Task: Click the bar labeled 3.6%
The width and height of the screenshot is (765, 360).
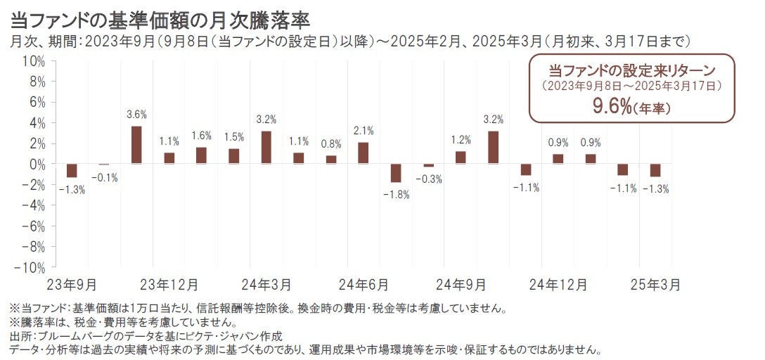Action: tap(136, 145)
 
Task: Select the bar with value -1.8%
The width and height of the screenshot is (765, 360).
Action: tap(395, 173)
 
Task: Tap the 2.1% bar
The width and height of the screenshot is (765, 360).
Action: tap(363, 153)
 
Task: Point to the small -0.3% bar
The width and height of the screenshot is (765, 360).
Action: tap(428, 165)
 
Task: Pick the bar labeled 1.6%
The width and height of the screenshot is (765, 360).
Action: tap(201, 155)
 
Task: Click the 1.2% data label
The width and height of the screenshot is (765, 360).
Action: tap(461, 139)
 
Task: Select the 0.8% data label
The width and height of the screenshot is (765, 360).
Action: tap(330, 143)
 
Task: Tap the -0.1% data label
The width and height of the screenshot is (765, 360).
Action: tap(104, 176)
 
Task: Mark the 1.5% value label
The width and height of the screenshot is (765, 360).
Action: tap(233, 136)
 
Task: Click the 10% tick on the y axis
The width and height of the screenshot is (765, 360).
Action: tap(34, 61)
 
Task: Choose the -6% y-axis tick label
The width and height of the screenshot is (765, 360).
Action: tap(33, 226)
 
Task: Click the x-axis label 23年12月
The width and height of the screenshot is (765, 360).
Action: tap(169, 285)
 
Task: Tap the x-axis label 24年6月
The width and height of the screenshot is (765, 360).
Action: tap(363, 285)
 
